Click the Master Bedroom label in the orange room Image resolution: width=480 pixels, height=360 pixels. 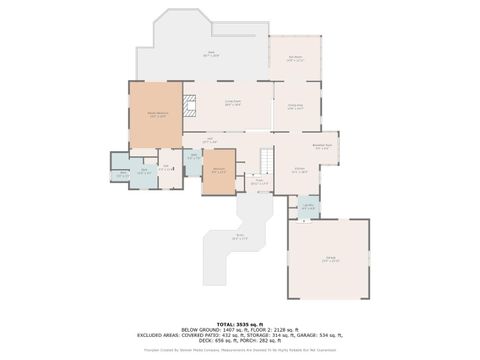pos(157,116)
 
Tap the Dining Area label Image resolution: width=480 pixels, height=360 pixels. pos(295,105)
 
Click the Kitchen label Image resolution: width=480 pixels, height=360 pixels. pos(299,170)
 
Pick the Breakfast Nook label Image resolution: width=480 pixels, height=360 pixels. pos(323,147)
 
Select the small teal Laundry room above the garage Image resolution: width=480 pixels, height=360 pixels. pos(308,207)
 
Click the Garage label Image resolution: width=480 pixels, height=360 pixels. pos(329,259)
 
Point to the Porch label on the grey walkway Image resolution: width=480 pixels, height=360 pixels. pos(239,238)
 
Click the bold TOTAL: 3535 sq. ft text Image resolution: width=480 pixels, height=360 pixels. pos(240,324)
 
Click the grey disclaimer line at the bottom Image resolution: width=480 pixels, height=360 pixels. pos(240,350)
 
